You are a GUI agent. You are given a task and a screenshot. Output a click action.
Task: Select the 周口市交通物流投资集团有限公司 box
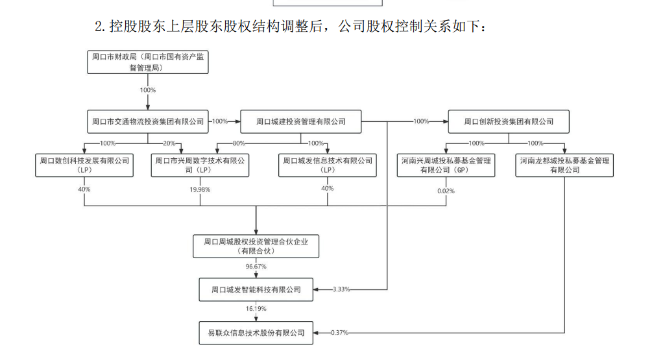pos(148,121)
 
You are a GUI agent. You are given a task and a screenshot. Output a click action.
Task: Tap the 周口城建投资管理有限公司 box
pos(300,121)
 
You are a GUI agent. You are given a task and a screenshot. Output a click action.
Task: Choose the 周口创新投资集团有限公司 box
pos(509,121)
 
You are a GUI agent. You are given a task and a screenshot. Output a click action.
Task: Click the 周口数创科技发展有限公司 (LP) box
pos(85,165)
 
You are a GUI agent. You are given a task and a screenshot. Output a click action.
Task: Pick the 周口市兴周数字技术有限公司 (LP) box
pos(200,165)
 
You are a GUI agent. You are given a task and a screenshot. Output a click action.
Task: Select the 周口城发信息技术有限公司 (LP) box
pos(328,165)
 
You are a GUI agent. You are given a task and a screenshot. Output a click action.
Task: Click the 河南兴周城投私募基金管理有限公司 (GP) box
pos(446,165)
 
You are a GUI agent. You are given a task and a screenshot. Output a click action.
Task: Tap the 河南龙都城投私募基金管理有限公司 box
pos(564,165)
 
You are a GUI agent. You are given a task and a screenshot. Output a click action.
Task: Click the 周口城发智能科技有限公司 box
pos(256,289)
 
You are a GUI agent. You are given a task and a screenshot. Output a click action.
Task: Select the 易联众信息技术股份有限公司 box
pos(256,333)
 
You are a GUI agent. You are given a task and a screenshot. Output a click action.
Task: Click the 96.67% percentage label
pos(256,267)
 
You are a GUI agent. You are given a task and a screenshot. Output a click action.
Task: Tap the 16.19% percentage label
pos(256,310)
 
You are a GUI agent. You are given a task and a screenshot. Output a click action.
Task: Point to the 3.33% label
pos(341,289)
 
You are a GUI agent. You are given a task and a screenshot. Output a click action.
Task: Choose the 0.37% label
pos(339,333)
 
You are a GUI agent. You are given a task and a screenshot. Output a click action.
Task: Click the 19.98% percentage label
pos(200,189)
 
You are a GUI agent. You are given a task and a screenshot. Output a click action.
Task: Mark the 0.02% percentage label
pos(446,191)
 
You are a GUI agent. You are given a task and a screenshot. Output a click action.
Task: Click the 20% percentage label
pos(169,143)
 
